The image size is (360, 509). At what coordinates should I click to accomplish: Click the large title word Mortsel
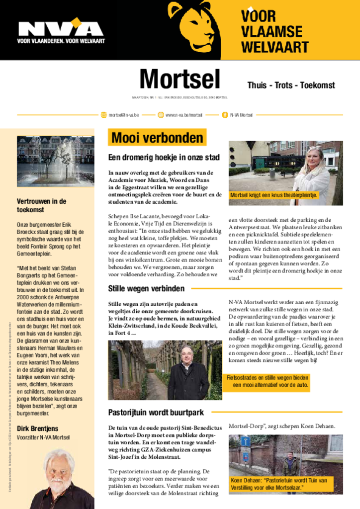click(x=180, y=80)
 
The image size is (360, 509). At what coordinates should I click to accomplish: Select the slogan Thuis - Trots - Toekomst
click(x=291, y=85)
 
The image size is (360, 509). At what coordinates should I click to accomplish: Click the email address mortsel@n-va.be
click(x=124, y=115)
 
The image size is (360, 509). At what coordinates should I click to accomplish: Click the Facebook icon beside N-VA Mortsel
click(x=225, y=115)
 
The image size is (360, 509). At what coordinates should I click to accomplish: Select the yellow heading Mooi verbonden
click(x=157, y=138)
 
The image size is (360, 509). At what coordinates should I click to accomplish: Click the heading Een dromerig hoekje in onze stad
click(x=164, y=158)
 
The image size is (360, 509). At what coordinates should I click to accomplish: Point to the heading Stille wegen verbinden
click(x=146, y=288)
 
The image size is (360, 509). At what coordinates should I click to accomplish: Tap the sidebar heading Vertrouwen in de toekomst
click(x=42, y=205)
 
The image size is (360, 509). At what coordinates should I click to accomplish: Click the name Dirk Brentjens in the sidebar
click(x=38, y=428)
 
